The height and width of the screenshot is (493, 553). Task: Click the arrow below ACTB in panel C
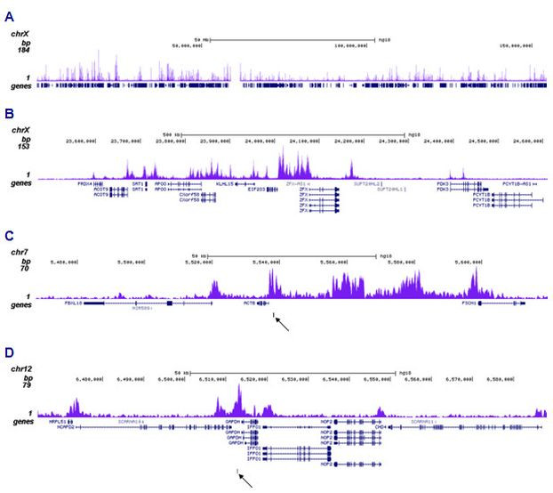pyautogui.click(x=282, y=322)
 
